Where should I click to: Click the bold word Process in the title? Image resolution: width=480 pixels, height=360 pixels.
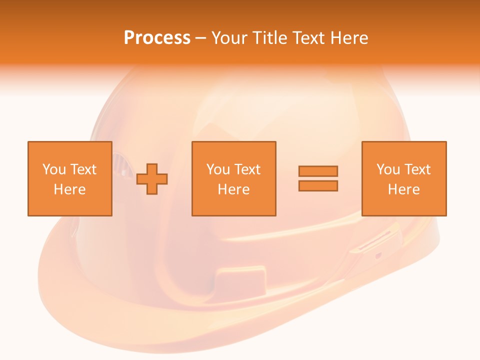157,38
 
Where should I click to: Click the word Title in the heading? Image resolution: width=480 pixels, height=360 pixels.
270,38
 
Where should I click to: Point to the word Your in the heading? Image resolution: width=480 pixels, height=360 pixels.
230,38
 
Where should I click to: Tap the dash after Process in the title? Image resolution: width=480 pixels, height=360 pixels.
201,38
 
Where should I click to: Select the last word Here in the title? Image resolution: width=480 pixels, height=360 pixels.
349,38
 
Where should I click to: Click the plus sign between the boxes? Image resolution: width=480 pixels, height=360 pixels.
152,179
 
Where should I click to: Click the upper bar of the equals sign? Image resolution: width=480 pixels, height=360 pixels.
318,171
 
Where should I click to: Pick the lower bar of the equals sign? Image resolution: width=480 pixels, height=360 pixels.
318,186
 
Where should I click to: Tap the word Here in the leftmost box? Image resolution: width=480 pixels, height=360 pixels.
69,189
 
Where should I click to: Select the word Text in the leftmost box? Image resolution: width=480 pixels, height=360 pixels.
83,169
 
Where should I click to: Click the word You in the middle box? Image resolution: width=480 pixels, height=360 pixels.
218,169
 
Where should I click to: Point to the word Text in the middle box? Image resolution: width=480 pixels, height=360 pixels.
247,169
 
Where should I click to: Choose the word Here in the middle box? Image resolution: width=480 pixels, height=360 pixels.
233,189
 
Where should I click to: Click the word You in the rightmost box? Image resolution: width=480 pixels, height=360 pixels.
388,169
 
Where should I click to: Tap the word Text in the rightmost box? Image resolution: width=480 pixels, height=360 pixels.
417,169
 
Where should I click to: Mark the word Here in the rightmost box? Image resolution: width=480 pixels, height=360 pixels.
403,189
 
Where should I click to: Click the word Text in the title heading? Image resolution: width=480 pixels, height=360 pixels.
306,38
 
